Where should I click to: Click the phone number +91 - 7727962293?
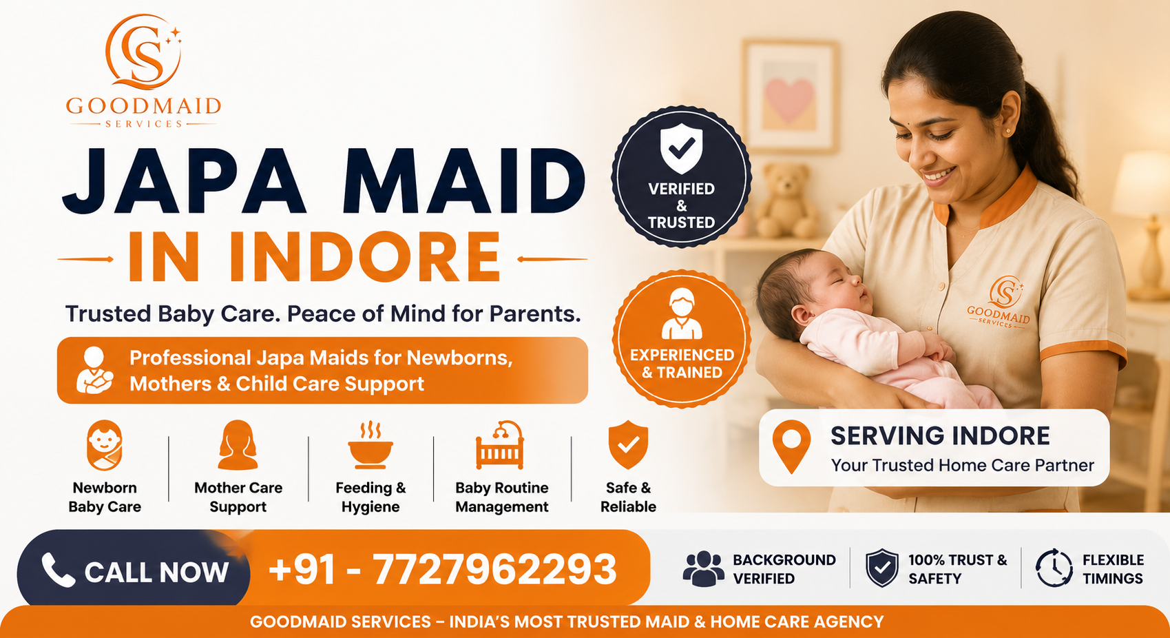pos(442,569)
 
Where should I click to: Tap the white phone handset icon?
pos(58,570)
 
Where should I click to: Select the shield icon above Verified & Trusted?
pos(681,149)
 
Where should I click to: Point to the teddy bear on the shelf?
pos(786,201)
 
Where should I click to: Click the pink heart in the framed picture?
pos(789,100)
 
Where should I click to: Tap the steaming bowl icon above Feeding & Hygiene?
pos(370,444)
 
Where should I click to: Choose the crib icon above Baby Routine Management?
pos(499,444)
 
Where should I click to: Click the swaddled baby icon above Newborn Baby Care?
pos(105,445)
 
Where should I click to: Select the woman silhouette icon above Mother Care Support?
pos(238,445)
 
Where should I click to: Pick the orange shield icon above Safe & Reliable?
pos(628,444)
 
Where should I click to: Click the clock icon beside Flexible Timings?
pos(1054,568)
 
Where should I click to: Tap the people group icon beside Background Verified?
pos(703,568)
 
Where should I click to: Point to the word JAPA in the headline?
pos(183,181)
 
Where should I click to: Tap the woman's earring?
pos(1009,131)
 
